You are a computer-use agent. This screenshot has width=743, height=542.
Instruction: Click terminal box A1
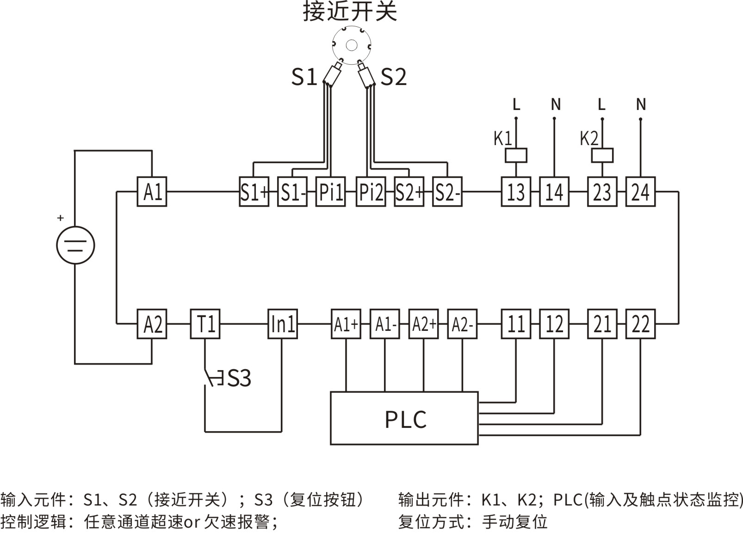click(x=152, y=191)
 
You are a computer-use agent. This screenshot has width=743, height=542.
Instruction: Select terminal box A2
click(x=152, y=324)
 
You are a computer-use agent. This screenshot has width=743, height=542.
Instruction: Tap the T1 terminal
click(x=205, y=324)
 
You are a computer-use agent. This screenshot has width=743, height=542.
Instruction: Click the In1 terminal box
click(x=282, y=324)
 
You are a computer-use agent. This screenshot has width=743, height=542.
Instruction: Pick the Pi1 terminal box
click(x=330, y=191)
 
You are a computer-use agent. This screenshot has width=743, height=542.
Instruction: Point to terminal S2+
click(x=409, y=191)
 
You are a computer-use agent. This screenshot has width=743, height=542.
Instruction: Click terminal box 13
click(x=516, y=191)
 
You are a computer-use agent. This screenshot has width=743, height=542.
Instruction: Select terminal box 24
click(x=640, y=191)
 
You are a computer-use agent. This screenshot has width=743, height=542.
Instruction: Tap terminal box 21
click(x=602, y=324)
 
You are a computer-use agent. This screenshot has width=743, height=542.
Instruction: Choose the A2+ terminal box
click(x=423, y=324)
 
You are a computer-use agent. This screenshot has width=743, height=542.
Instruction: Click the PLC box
click(x=404, y=418)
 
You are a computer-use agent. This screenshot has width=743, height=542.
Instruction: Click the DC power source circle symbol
click(x=75, y=245)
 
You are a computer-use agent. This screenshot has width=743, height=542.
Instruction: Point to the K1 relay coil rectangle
click(x=516, y=155)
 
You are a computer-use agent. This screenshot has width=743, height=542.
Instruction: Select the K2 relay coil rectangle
click(x=602, y=155)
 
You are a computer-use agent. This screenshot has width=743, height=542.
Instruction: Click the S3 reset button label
click(x=239, y=378)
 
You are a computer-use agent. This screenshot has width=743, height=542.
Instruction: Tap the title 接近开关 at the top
click(x=350, y=12)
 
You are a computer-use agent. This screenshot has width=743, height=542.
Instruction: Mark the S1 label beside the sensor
click(x=303, y=77)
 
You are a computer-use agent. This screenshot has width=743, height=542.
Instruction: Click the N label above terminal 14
click(x=555, y=105)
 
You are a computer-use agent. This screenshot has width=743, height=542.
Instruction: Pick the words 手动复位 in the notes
click(x=514, y=522)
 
